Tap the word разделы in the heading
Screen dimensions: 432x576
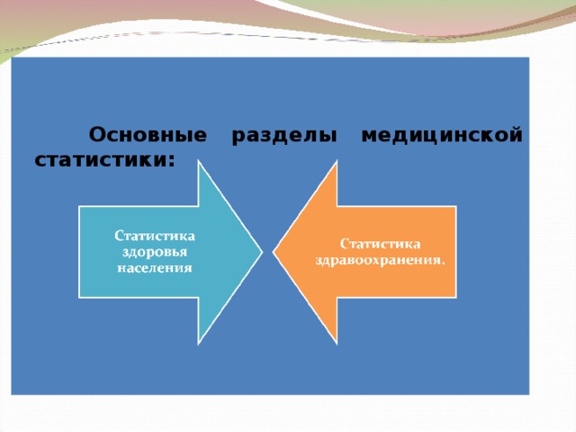[x=284, y=136]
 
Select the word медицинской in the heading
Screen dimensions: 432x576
[x=441, y=136]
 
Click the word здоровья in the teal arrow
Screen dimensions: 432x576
[x=155, y=252]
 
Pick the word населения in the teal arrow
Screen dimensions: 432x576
[x=155, y=266]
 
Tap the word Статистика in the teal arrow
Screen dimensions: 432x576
[x=155, y=237]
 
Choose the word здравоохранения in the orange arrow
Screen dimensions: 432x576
[x=378, y=259]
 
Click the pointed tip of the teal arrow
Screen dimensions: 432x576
[x=261, y=252]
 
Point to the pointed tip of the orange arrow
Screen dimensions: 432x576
[x=274, y=252]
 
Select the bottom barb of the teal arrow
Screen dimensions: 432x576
[x=199, y=343]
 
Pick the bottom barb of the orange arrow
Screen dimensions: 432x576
[x=337, y=343]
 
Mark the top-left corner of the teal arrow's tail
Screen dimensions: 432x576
[x=80, y=207]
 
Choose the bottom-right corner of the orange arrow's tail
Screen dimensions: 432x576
[x=455, y=297]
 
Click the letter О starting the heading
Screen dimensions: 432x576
[x=96, y=136]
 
